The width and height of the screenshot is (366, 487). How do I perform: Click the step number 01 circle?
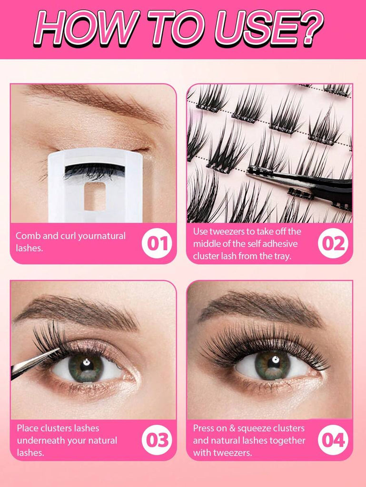157,243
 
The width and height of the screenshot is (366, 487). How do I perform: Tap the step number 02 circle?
333,243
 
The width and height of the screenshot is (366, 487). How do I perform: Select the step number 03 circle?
157,440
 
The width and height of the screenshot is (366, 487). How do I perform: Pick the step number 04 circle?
333,440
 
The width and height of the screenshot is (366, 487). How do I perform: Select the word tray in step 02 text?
282,256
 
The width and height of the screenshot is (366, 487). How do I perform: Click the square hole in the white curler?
95,196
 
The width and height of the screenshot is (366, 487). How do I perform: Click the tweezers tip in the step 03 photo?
58,350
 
